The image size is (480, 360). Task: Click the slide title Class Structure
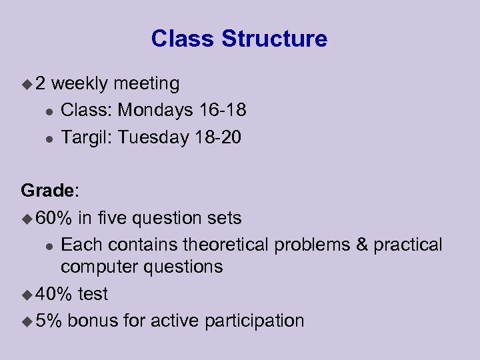tap(239, 39)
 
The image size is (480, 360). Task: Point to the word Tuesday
tap(153, 137)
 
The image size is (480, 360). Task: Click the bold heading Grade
tap(49, 191)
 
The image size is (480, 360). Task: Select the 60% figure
tap(55, 218)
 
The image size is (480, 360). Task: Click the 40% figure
tap(55, 294)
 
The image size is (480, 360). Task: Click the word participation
tap(255, 321)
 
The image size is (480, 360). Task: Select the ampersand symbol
tap(362, 245)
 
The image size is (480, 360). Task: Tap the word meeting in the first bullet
tap(146, 84)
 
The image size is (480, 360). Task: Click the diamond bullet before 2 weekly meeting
tap(27, 84)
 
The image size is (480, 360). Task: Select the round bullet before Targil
tap(46, 138)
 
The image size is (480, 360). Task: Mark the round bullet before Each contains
tap(46, 245)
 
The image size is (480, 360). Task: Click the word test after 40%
tap(93, 294)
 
